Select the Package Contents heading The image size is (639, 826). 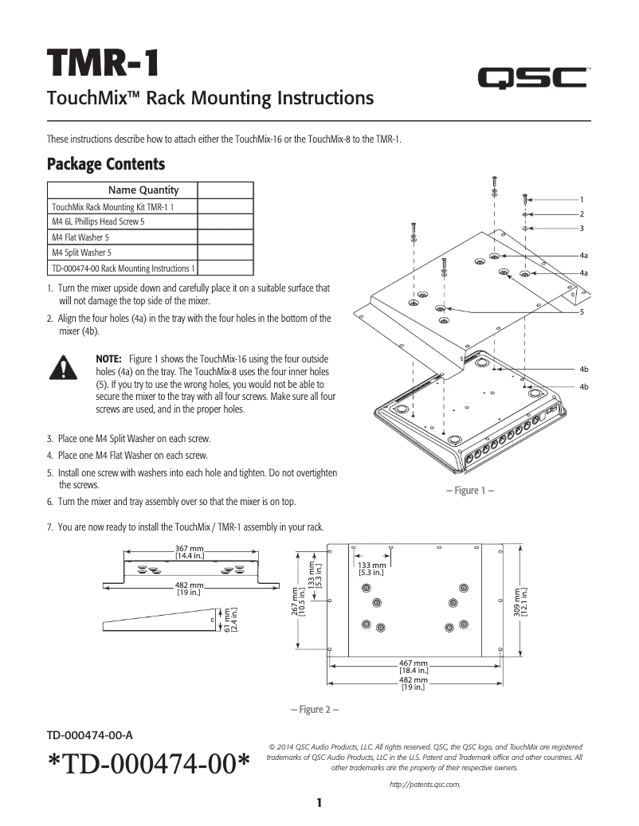coord(106,164)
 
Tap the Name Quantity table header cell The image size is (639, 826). coord(143,190)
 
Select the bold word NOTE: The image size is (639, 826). coord(108,360)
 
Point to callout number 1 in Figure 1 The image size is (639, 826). coord(582,199)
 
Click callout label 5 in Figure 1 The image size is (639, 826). coord(582,311)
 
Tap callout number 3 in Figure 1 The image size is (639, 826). coord(582,229)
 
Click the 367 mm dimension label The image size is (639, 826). coord(190,549)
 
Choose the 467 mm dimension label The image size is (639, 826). coord(413,663)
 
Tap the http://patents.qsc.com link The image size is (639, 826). coord(425,785)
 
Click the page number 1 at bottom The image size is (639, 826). coord(318,802)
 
